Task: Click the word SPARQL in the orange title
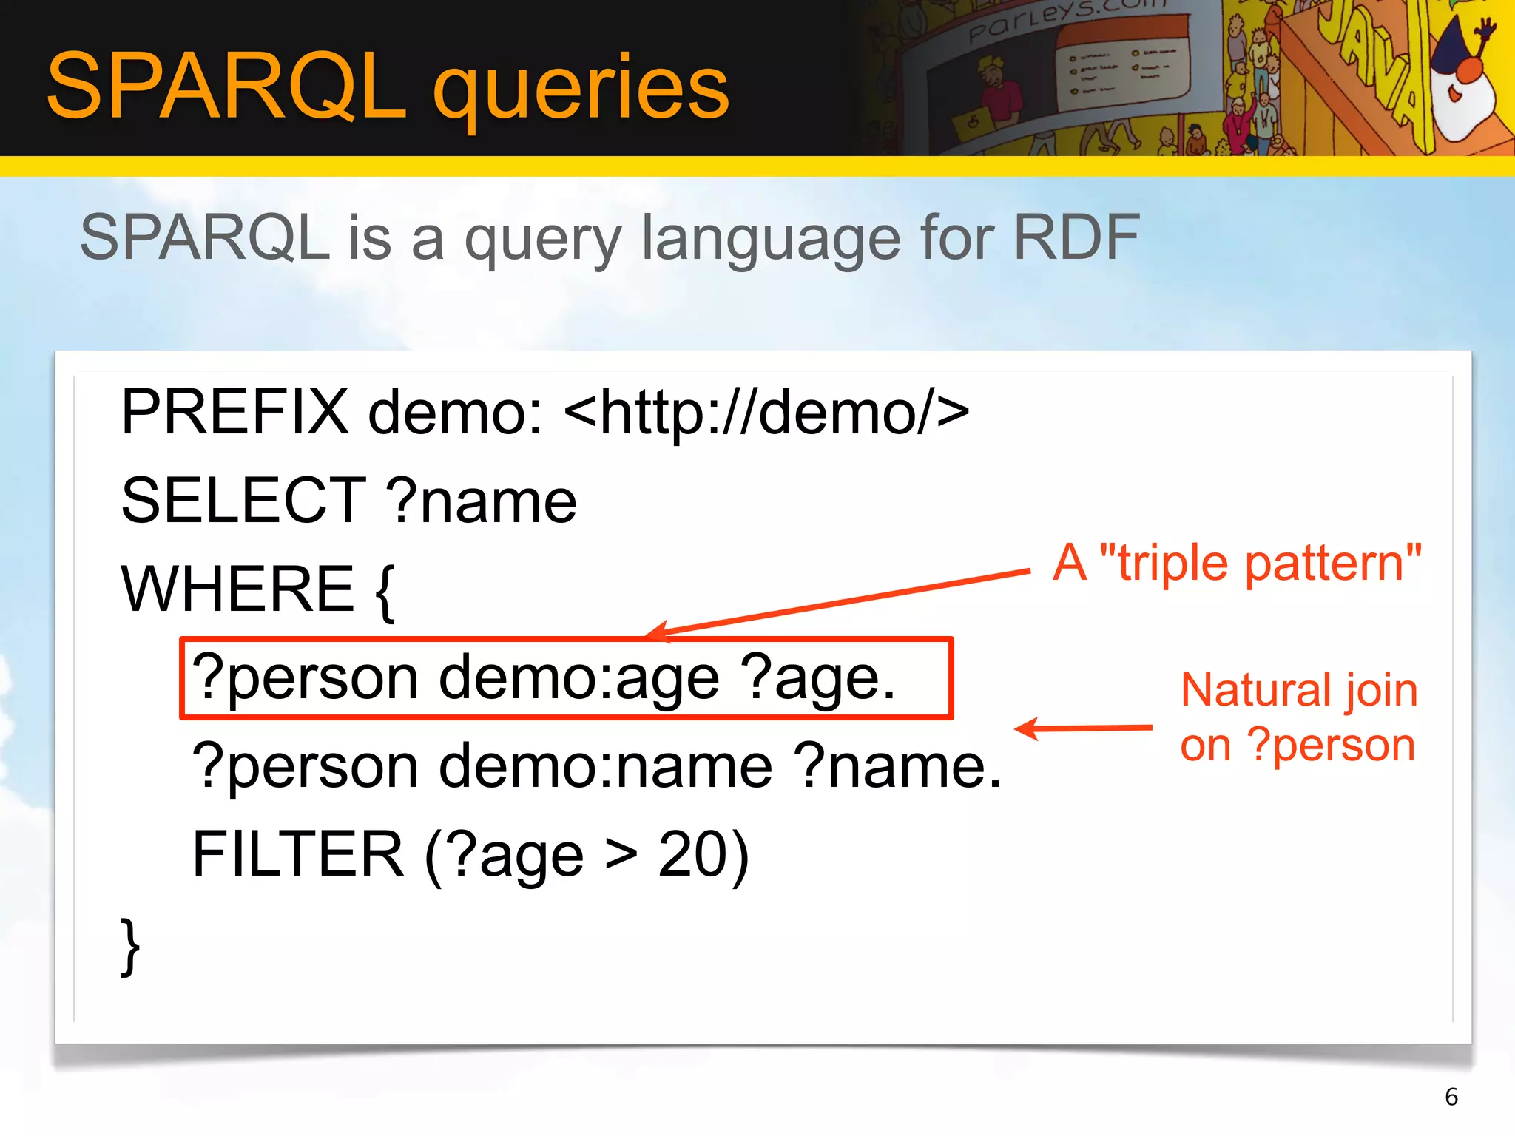point(226,87)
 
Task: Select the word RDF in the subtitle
point(1076,237)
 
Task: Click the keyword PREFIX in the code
point(234,412)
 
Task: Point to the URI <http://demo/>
point(766,412)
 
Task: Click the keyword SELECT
point(243,501)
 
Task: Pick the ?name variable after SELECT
point(482,501)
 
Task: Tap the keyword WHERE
point(237,589)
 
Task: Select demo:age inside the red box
point(578,678)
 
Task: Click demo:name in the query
point(606,766)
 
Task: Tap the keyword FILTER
point(298,854)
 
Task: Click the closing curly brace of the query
point(130,947)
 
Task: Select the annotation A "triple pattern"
point(1237,564)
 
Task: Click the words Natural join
point(1299,690)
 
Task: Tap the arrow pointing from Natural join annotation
point(1084,728)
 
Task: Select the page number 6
point(1451,1097)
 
